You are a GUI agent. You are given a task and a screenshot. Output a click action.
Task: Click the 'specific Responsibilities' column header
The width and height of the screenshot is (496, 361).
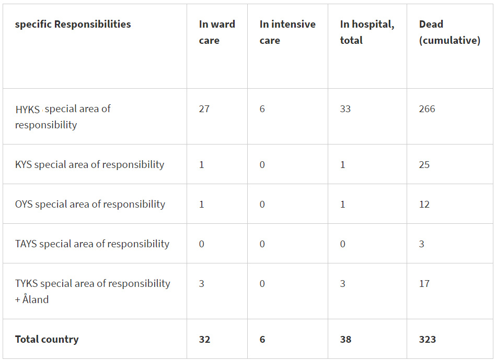point(73,25)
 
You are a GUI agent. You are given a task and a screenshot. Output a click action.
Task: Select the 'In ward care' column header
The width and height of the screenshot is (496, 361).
point(217,32)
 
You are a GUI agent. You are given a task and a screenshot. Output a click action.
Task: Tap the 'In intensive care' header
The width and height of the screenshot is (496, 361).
point(287,32)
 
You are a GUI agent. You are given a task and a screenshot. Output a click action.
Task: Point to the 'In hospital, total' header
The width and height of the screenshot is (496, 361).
point(367,32)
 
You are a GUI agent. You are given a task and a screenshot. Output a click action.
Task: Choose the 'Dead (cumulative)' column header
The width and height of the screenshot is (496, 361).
point(449,32)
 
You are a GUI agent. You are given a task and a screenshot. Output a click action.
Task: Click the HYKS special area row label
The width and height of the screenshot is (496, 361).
point(63,117)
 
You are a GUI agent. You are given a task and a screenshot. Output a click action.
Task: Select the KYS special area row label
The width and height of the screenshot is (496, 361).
point(89,165)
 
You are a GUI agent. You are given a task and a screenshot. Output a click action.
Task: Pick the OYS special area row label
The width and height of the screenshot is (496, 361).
point(90,204)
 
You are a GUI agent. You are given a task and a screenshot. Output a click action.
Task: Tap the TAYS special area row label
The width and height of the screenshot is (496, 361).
point(92,244)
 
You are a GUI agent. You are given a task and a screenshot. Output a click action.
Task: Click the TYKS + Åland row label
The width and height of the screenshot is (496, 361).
point(93,291)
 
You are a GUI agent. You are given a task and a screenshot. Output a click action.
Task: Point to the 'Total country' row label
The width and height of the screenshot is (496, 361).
point(47,340)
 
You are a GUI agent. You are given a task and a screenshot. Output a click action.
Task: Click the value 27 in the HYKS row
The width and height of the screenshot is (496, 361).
point(204,109)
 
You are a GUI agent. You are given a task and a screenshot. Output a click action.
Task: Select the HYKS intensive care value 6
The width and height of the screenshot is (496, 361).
point(262,109)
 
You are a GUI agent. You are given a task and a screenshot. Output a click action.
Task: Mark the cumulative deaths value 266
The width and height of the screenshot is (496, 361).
point(427,109)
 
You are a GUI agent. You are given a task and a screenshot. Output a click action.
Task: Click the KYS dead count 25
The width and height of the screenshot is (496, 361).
point(424,165)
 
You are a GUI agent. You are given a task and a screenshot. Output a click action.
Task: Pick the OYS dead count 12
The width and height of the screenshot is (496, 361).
point(424,204)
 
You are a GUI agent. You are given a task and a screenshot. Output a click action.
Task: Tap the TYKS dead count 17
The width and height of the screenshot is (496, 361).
point(424,284)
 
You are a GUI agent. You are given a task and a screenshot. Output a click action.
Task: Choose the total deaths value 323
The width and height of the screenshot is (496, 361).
point(428,340)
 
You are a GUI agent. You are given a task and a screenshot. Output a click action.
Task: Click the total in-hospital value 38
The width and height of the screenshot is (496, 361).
point(345,340)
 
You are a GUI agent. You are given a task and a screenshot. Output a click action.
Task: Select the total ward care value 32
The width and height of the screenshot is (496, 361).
point(204,340)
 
